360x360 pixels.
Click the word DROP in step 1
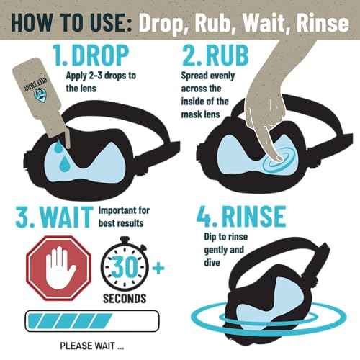[x=100, y=55]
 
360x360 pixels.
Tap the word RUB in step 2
[x=227, y=55]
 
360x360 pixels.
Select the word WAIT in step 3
[x=67, y=217]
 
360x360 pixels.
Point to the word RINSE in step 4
[x=253, y=217]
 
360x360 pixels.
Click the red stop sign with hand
[x=58, y=268]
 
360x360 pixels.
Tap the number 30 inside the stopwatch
[x=125, y=266]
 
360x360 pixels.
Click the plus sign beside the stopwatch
[x=158, y=268]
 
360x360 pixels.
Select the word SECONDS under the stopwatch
[x=125, y=298]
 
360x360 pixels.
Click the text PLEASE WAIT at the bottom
[x=92, y=346]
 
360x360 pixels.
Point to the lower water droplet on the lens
[x=64, y=163]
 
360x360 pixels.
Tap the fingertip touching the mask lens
[x=278, y=158]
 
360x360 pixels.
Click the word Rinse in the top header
[x=323, y=23]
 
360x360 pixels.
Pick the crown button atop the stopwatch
[x=125, y=240]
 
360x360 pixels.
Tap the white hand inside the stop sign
[x=59, y=268]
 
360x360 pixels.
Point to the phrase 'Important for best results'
[x=124, y=217]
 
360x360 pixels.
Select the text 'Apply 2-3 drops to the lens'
[x=101, y=82]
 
